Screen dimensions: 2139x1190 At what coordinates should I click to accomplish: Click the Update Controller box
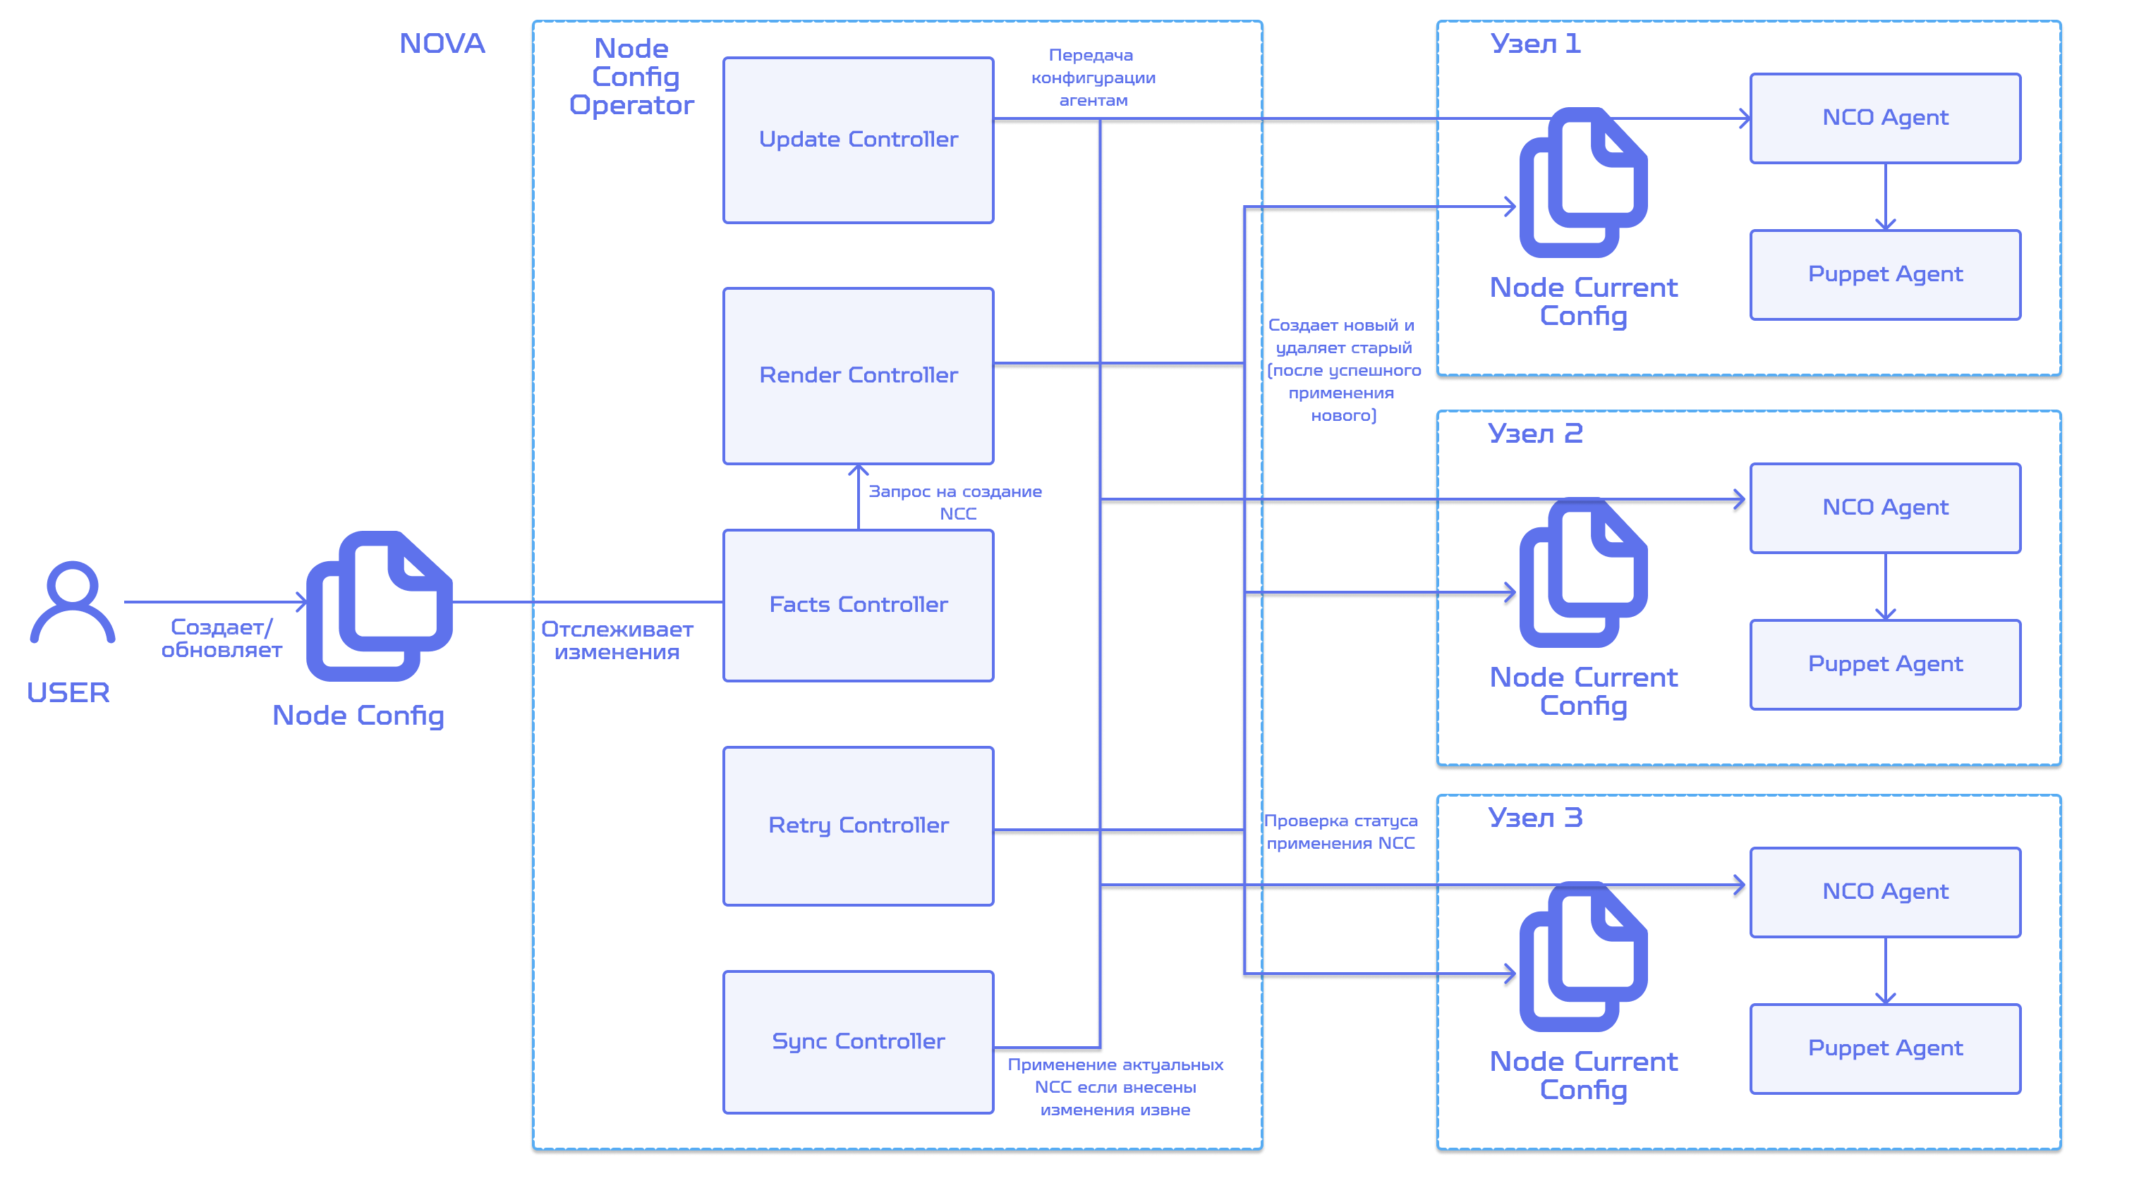pos(858,140)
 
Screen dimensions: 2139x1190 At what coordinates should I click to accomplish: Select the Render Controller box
pos(858,375)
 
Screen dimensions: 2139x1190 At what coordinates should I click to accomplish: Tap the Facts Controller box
pos(858,605)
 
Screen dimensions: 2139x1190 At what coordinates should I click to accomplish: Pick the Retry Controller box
pos(858,826)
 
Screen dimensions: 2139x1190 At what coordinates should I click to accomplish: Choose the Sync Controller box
pos(858,1041)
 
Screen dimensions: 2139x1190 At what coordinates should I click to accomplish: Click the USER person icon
pos(72,603)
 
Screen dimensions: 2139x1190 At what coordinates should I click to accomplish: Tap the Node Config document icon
pos(380,606)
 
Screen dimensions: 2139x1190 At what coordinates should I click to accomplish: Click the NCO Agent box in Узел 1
pos(1885,118)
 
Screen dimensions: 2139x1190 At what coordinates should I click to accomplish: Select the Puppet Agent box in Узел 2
pos(1885,664)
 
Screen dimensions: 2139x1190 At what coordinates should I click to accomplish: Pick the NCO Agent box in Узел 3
pos(1885,892)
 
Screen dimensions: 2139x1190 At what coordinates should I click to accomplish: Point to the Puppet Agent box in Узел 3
pos(1885,1049)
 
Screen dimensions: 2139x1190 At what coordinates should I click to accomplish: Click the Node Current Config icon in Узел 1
pos(1584,183)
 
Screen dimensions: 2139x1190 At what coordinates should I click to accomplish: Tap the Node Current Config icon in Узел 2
pos(1584,572)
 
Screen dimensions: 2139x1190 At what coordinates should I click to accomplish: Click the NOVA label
pos(442,43)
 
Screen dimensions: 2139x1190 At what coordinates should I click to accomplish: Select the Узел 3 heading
pos(1535,818)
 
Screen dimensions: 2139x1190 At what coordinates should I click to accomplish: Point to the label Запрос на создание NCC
pos(955,502)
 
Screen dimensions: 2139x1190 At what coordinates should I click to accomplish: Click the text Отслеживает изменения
pos(617,641)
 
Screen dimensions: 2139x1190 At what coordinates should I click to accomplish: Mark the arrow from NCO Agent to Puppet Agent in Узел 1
pos(1886,197)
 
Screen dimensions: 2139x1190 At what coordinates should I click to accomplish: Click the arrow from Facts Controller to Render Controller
pos(859,497)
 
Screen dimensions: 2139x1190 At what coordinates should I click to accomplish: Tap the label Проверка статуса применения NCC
pos(1340,831)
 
